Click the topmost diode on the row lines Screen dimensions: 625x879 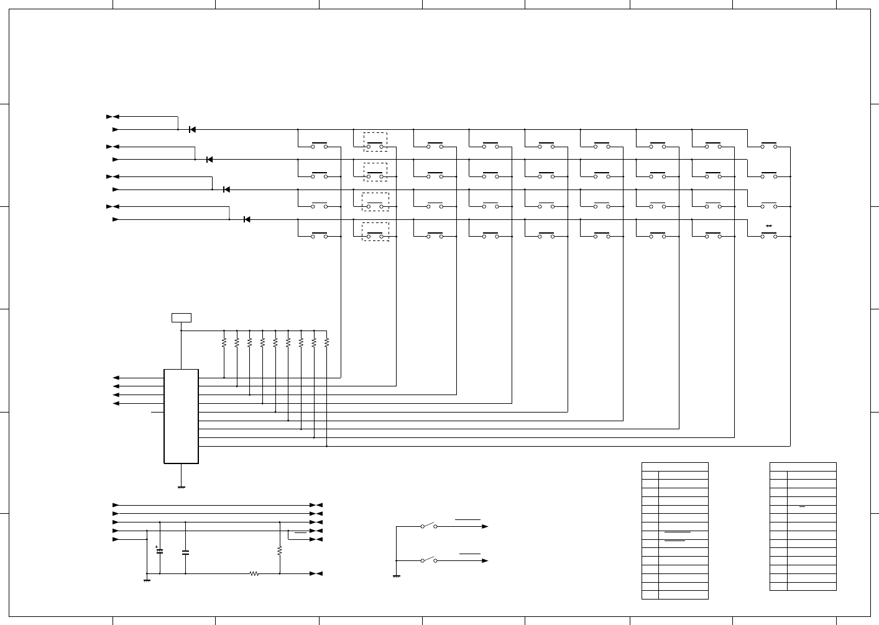[x=192, y=129]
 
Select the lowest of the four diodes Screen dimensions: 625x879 [x=247, y=219]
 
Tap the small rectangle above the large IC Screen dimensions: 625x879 [x=181, y=317]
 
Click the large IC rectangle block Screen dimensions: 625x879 [x=181, y=416]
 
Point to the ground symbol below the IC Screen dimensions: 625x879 [x=181, y=488]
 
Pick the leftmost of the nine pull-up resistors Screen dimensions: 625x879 [x=224, y=342]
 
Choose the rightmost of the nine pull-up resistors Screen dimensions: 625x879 [x=326, y=342]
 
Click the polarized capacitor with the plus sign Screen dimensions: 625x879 [x=160, y=551]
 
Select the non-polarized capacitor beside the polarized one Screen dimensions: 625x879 [x=185, y=552]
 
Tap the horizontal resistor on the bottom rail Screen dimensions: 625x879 [x=254, y=573]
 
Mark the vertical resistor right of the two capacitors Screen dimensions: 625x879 [x=280, y=550]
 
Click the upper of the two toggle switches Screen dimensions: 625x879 [x=429, y=526]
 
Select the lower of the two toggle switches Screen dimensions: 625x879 [x=429, y=560]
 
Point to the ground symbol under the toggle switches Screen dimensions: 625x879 [x=396, y=577]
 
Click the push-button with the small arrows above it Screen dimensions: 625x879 [x=769, y=234]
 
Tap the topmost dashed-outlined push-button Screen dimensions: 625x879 [x=375, y=142]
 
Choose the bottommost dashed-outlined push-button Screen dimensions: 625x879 [x=375, y=232]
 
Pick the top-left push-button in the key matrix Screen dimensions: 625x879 [x=320, y=145]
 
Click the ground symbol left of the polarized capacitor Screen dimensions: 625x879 [x=147, y=581]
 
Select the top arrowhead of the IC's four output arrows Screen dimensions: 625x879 [x=116, y=378]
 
